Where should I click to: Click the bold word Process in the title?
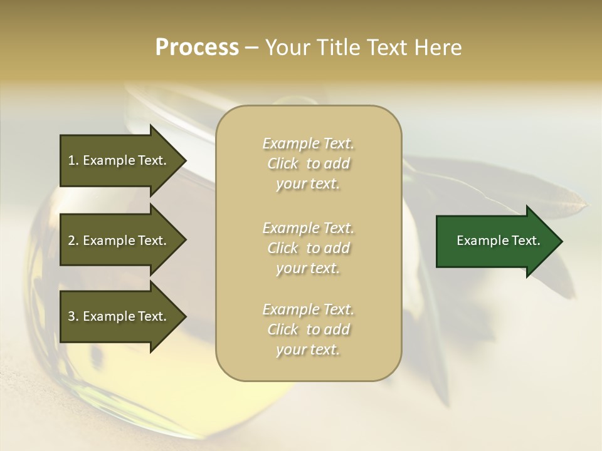(x=197, y=48)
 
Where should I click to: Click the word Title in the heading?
(x=339, y=48)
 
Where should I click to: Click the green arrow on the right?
(x=495, y=241)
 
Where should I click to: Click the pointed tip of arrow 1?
(x=184, y=161)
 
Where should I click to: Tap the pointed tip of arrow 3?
(x=184, y=317)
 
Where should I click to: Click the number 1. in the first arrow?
(x=73, y=160)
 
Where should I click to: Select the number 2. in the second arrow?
(x=73, y=241)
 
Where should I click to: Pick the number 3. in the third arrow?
(x=73, y=316)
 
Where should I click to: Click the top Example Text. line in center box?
(x=308, y=143)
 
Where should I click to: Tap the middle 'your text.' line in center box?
(x=308, y=268)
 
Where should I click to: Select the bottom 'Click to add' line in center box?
(x=308, y=329)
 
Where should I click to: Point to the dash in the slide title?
(x=252, y=48)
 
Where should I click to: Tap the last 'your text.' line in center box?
(x=308, y=350)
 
